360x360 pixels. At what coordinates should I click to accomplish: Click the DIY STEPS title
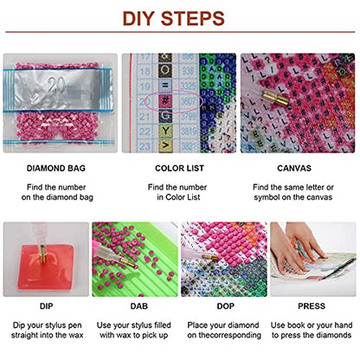pos(174,18)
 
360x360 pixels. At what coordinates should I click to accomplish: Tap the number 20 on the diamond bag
pos(57,86)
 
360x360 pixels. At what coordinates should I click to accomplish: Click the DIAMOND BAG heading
pos(56,168)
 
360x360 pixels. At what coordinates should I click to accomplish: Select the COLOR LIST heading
pos(179,168)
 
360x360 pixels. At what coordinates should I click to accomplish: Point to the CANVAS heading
pos(294,168)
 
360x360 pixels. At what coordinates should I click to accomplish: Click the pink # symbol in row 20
pos(165,101)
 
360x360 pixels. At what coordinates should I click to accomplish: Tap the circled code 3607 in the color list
pos(188,101)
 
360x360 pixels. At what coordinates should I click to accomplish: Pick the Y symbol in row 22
pos(165,132)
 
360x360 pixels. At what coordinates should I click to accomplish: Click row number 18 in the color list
pos(145,71)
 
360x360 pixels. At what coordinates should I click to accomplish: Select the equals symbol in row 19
pos(165,86)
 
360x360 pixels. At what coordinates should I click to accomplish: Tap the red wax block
pos(46,267)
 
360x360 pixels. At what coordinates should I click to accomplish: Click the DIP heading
pos(46,306)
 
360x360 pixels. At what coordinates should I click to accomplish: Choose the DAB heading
pos(139,306)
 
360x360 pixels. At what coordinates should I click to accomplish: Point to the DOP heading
pos(226,306)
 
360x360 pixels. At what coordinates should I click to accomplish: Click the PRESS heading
pos(312,306)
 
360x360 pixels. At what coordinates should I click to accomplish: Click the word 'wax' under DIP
pos(76,336)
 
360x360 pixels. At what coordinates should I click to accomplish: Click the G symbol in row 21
pos(165,116)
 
